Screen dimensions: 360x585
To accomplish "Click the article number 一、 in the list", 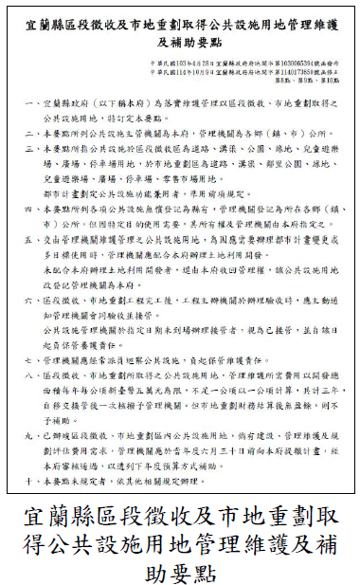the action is tap(37, 102).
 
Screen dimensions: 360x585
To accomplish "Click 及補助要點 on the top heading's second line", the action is tap(181, 42).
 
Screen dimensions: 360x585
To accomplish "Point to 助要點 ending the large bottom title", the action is tap(180, 573).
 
